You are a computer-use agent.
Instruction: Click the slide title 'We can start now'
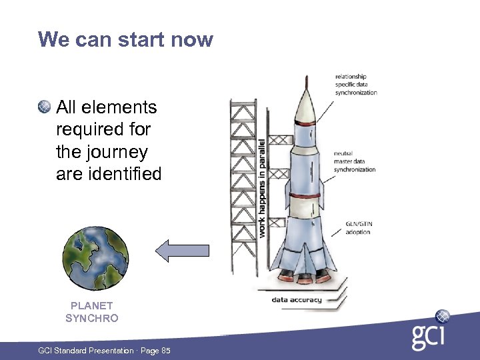tap(125, 39)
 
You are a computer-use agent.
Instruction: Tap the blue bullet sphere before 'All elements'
tap(45, 106)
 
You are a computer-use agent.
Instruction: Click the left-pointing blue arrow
tap(182, 251)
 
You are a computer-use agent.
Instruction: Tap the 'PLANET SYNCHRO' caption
tap(92, 312)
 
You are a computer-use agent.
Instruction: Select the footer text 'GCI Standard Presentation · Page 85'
tap(103, 351)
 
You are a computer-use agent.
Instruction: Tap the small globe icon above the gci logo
tap(442, 316)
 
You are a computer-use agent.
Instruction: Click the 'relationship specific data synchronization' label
tap(355, 85)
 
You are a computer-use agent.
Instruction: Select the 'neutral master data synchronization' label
tap(354, 161)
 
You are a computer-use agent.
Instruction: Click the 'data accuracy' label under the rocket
tap(296, 299)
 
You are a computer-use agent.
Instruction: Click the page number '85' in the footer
tap(165, 351)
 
